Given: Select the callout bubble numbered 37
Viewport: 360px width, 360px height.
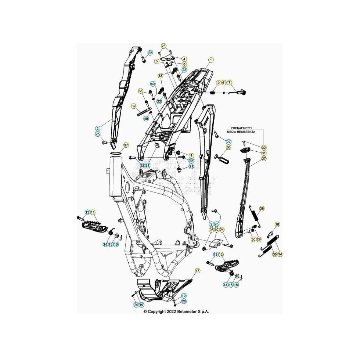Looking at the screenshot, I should coord(126,145).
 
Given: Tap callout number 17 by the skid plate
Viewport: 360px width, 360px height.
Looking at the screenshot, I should coord(197,271).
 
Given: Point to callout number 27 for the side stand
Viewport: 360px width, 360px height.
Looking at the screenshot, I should coord(264,159).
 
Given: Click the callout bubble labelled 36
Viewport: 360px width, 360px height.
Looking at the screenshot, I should coord(228,148).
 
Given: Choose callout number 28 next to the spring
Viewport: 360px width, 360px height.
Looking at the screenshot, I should coord(262,209).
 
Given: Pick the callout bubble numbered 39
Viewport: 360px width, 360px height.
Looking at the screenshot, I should coord(134,106).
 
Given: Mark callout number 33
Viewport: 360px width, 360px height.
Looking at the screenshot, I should coord(161,75).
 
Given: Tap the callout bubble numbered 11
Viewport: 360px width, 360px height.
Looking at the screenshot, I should coord(93,212).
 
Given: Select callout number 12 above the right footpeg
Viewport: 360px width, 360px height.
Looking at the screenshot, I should coord(221,255).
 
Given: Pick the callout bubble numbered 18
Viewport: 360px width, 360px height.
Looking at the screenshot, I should coord(277,224).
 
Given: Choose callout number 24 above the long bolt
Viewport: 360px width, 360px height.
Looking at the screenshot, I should coord(222,230).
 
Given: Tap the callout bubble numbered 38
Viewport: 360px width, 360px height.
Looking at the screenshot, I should coord(140,91).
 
